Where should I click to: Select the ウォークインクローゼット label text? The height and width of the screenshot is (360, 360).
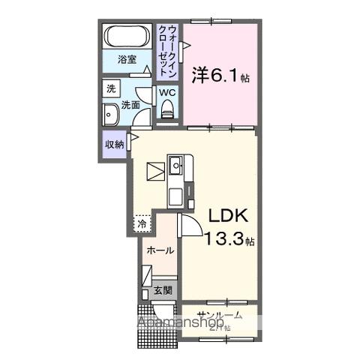[x=168, y=47]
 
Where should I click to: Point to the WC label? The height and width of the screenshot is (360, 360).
[x=166, y=94]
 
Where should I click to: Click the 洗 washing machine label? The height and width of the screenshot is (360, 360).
[x=111, y=88]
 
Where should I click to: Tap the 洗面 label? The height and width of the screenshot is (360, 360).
[x=131, y=105]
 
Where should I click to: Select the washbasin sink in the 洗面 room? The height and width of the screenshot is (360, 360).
[x=109, y=116]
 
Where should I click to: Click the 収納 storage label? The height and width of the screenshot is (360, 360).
[x=114, y=145]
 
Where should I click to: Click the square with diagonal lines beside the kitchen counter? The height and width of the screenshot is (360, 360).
[x=155, y=171]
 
